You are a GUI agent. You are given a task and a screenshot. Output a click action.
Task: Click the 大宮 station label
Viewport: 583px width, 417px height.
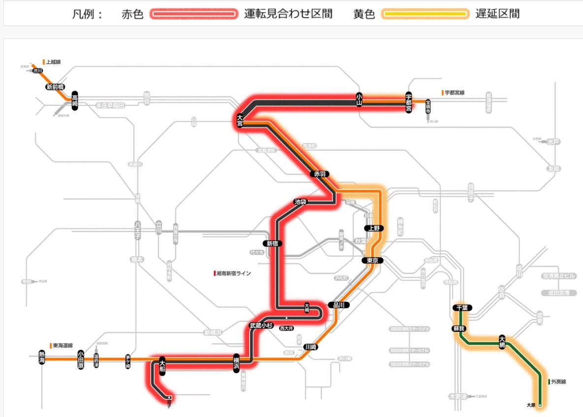coord(240,120)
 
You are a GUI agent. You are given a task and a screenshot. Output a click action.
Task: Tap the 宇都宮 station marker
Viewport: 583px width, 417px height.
coord(408,102)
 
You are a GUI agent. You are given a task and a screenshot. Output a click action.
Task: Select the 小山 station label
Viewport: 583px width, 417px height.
coord(359,100)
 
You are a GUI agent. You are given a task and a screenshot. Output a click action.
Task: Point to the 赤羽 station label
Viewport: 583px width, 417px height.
coord(318,174)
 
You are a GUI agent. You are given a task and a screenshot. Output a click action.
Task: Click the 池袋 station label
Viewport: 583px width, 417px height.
coord(300,201)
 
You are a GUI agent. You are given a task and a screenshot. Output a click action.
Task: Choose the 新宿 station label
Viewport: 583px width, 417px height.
coord(273,243)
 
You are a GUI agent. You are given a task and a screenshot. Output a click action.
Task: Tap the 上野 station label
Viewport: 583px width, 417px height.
coord(372,228)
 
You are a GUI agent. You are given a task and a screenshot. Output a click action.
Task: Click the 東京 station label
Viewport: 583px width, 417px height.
coord(372,260)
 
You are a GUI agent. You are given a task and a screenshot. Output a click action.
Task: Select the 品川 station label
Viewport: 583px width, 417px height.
coord(338,305)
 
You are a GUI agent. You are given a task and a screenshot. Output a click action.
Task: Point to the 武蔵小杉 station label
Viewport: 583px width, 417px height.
coord(261,325)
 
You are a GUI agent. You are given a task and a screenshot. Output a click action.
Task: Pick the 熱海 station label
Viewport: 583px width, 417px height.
coord(42,358)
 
